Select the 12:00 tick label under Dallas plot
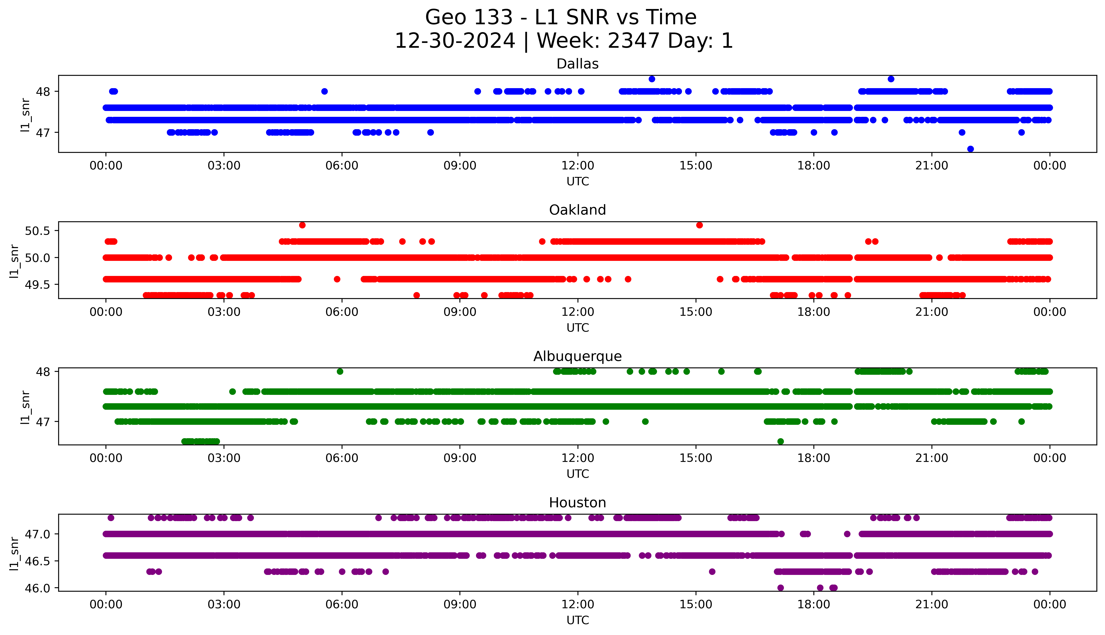578,166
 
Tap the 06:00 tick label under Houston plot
342,604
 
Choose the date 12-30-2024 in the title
455,41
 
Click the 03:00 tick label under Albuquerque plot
224,458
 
